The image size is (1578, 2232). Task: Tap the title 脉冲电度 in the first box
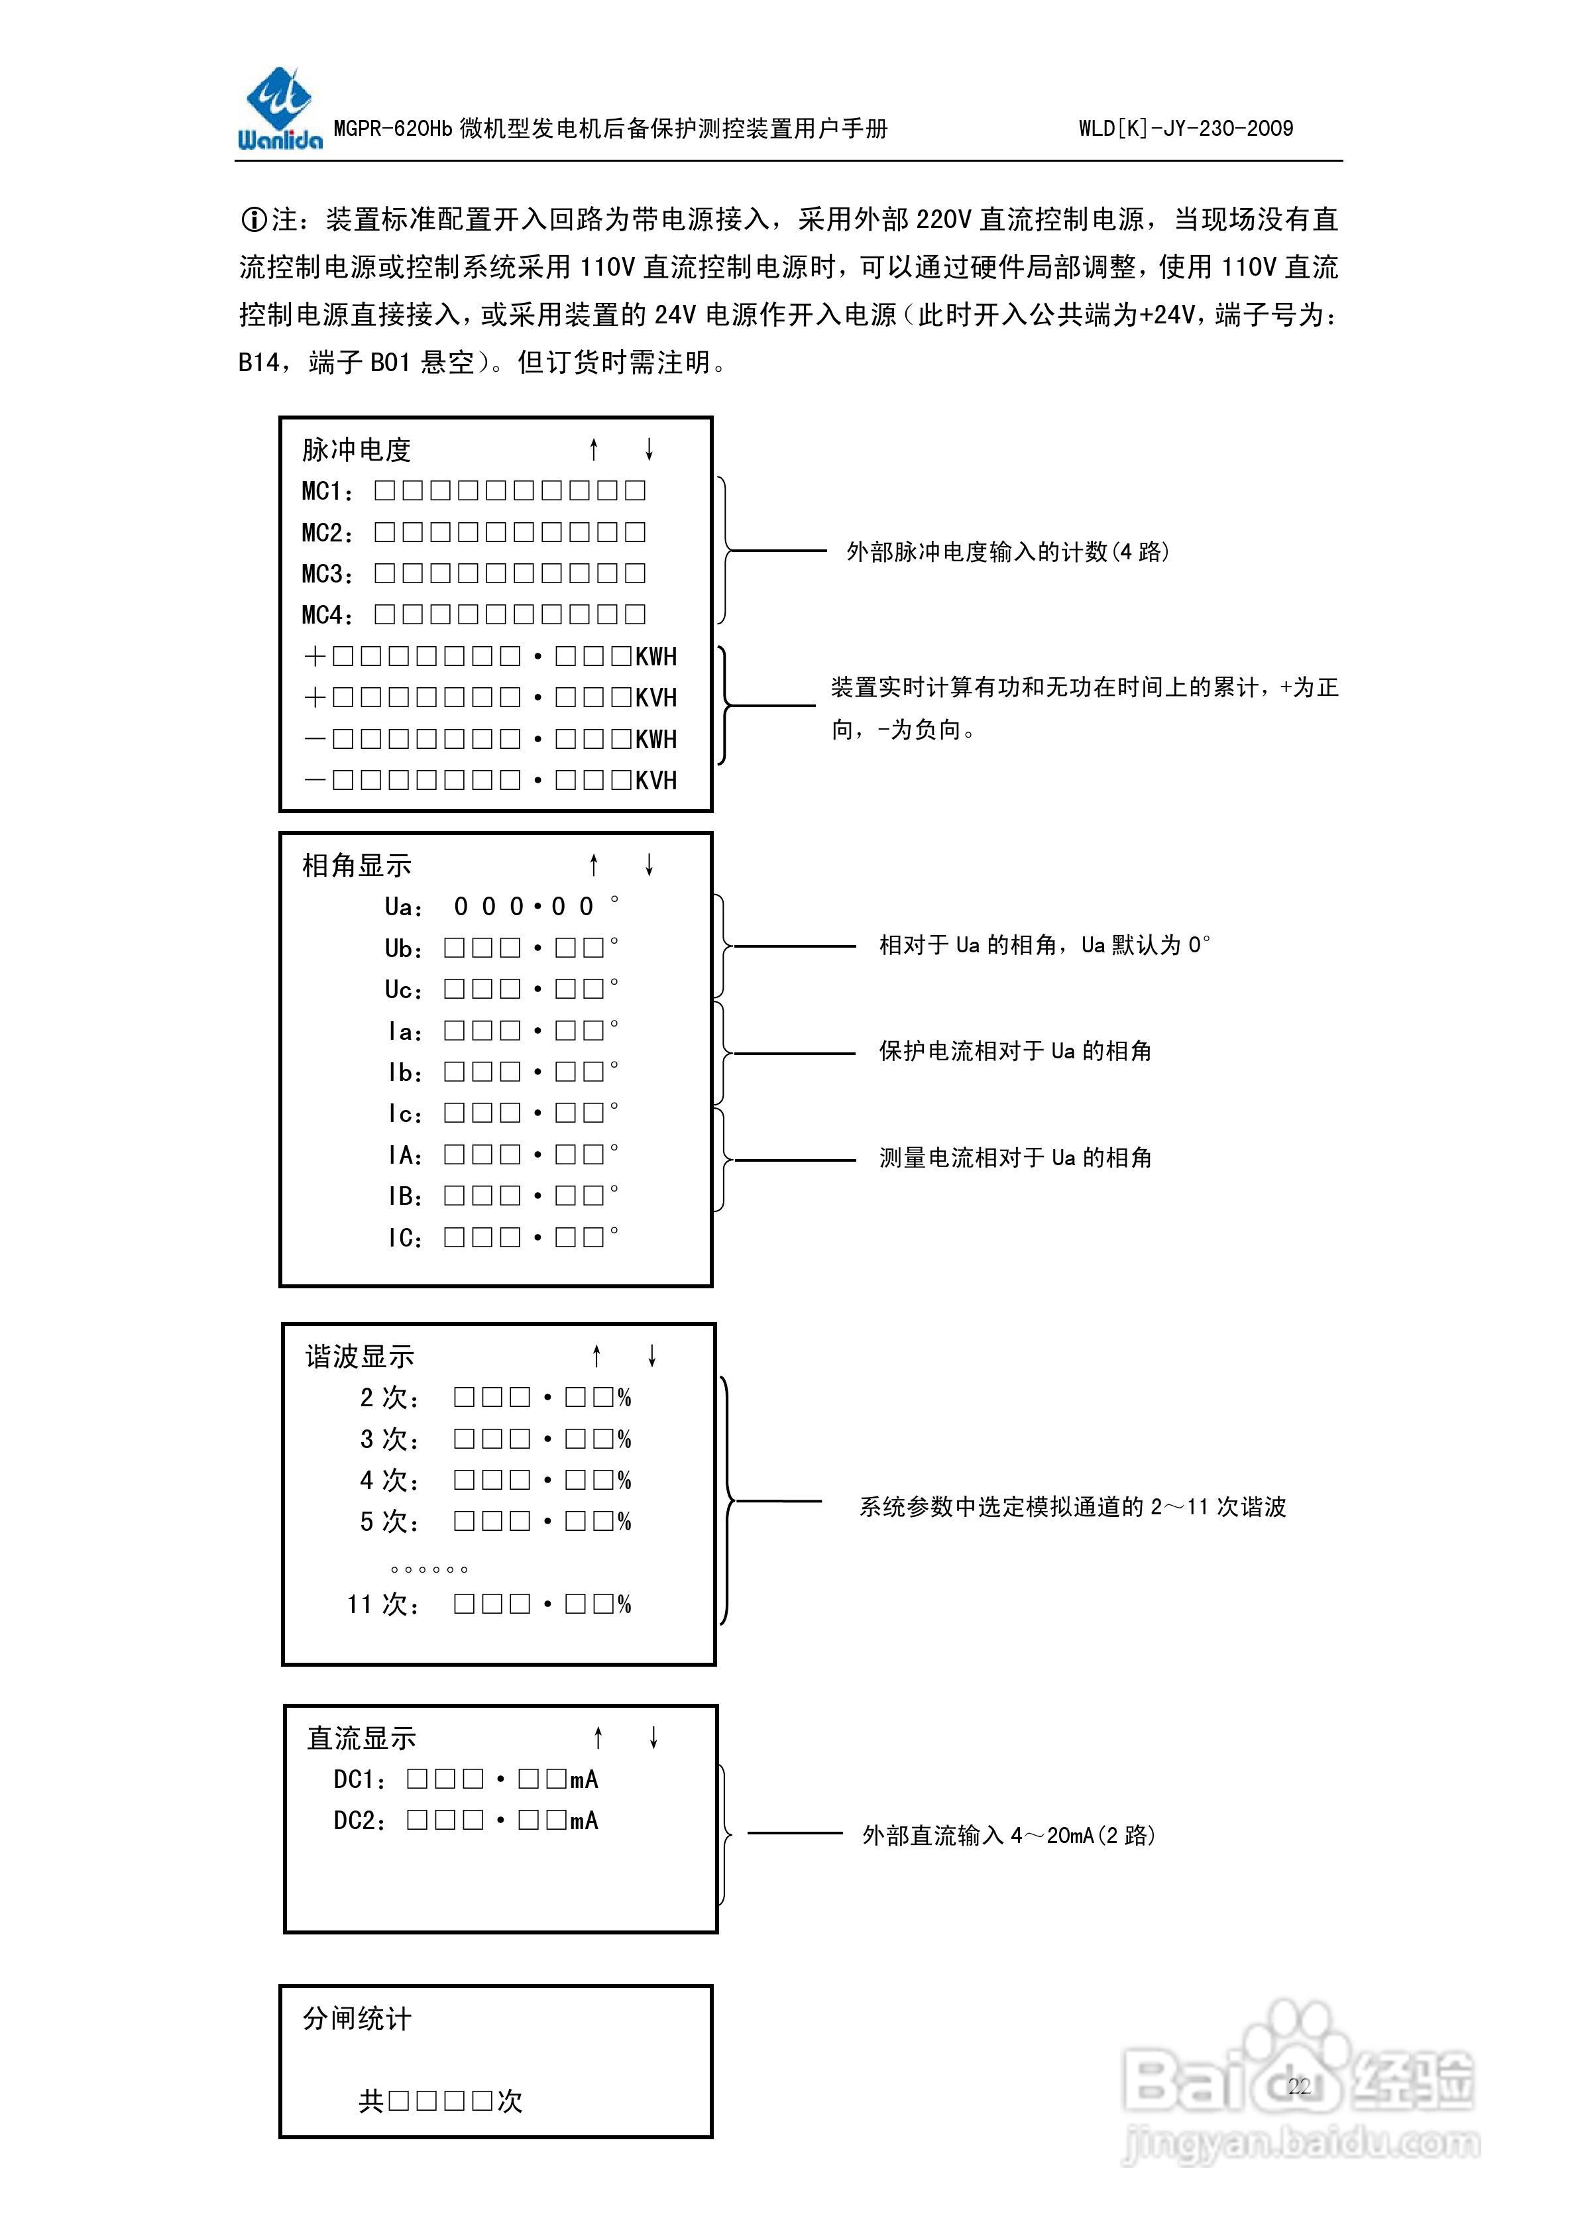point(356,449)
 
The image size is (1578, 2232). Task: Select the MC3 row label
point(327,573)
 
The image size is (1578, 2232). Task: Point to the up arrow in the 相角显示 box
point(593,864)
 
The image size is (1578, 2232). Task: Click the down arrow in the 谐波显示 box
point(651,1355)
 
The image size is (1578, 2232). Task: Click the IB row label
point(404,1196)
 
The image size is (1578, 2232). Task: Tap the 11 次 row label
point(383,1604)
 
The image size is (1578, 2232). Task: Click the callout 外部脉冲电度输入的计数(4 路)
point(1007,552)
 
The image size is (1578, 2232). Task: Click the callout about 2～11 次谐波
point(1072,1507)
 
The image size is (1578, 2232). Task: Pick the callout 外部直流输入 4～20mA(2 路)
point(1008,1836)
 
